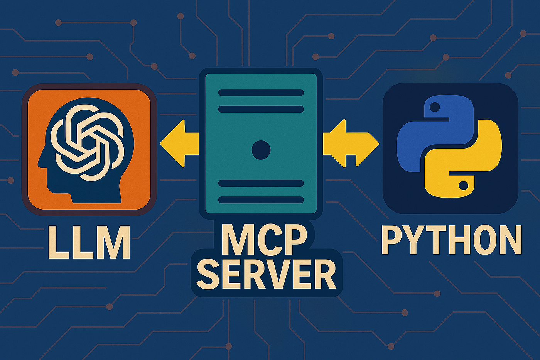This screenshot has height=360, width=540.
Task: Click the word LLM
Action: (x=89, y=242)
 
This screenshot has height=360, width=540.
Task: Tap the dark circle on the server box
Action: (x=261, y=150)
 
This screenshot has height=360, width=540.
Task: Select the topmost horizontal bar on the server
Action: (x=261, y=93)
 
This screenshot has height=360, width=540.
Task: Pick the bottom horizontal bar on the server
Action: (x=261, y=200)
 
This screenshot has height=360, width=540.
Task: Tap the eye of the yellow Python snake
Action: (x=464, y=186)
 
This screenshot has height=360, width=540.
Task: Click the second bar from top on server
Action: (x=261, y=109)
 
